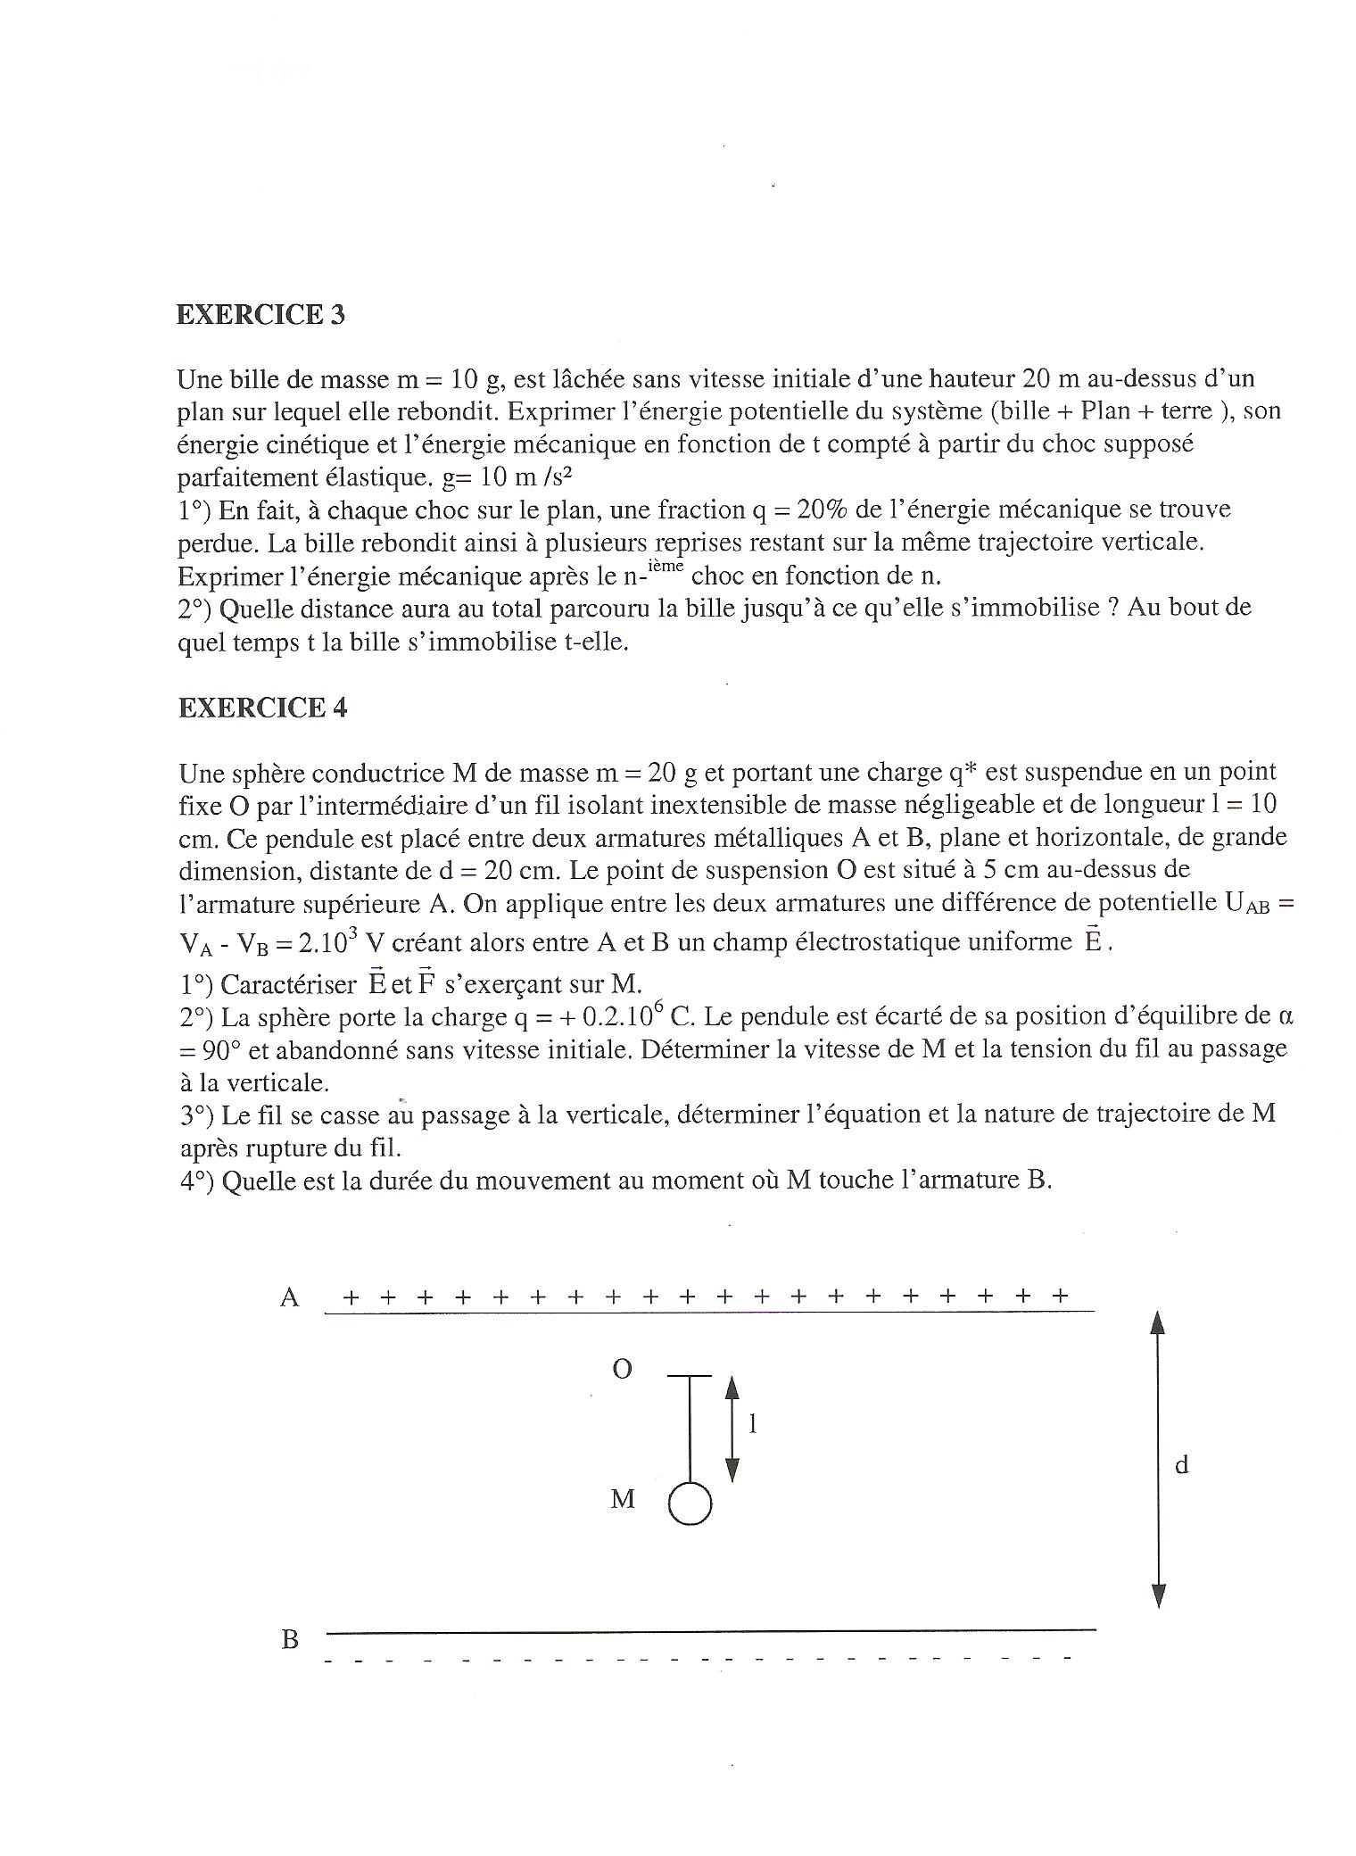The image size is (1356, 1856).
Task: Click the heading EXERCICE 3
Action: click(x=260, y=315)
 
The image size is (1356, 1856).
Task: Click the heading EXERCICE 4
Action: click(x=262, y=708)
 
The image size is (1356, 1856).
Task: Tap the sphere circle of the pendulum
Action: click(x=690, y=1504)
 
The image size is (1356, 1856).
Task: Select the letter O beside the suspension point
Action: click(x=622, y=1370)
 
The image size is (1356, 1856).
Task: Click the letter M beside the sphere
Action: click(x=622, y=1499)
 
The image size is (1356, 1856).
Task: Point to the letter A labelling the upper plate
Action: click(x=289, y=1297)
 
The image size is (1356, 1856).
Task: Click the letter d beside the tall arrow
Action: click(x=1182, y=1464)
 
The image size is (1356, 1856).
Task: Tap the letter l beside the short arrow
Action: click(x=752, y=1424)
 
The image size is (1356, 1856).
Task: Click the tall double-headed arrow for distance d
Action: click(x=1158, y=1460)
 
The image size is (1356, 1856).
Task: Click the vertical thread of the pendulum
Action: click(x=690, y=1428)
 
